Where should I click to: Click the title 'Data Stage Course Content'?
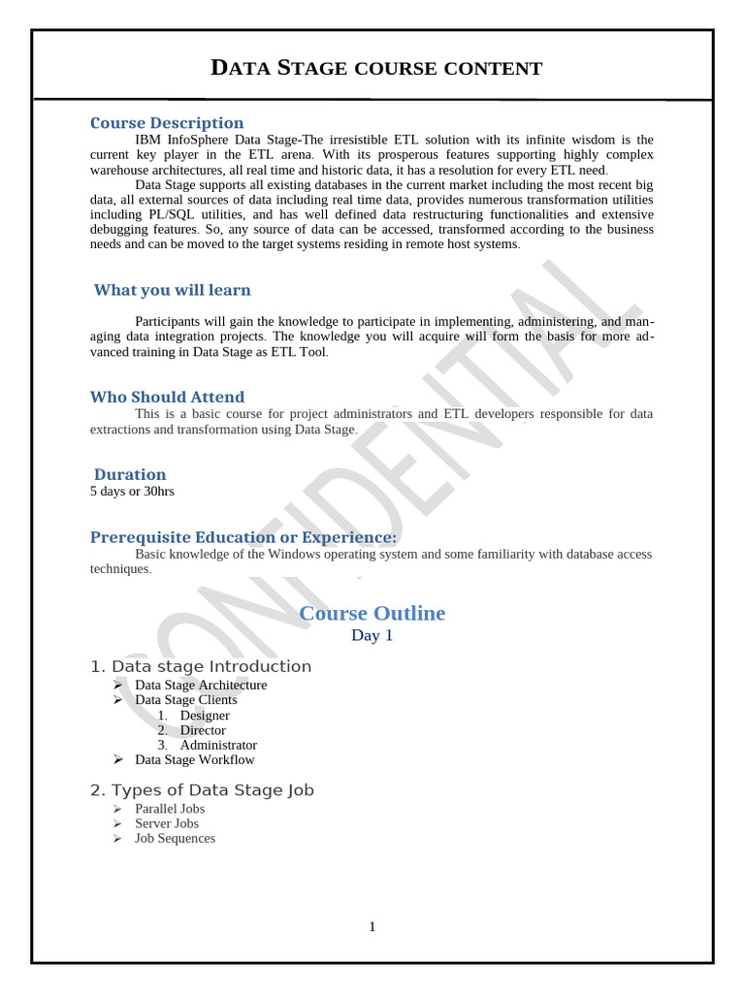coord(376,68)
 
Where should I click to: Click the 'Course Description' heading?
coord(167,123)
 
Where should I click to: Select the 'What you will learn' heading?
coord(172,290)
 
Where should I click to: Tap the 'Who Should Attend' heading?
coord(167,397)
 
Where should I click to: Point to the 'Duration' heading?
coord(130,474)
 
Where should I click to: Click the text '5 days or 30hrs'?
coord(132,491)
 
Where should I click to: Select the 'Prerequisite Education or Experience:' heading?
coord(243,537)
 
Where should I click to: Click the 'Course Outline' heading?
coord(372,613)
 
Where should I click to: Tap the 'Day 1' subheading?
coord(372,636)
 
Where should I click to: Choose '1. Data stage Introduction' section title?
coord(201,666)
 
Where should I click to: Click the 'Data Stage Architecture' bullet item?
coord(201,685)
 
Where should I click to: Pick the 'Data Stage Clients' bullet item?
coord(186,699)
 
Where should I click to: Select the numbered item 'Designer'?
coord(205,716)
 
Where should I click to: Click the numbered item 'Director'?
coord(203,730)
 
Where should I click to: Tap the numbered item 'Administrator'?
coord(218,745)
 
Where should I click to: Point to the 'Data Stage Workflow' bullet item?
coord(195,760)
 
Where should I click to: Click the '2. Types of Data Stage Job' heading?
coord(202,790)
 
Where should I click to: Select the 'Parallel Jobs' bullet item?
coord(170,809)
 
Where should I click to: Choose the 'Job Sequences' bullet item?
coord(176,838)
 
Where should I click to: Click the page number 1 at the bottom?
coord(372,927)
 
